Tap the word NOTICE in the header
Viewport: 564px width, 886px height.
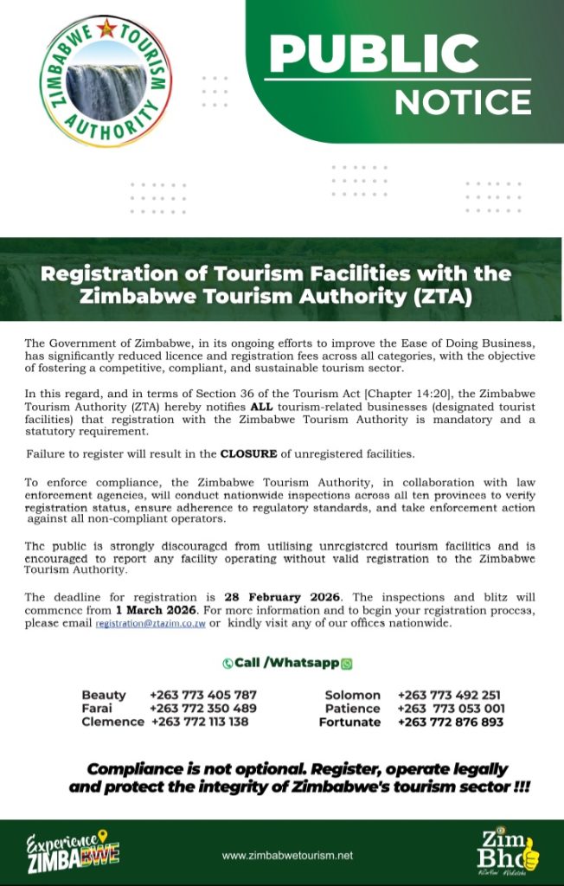(x=463, y=103)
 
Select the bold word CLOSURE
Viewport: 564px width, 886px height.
(x=251, y=453)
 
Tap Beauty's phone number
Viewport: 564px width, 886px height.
(x=203, y=695)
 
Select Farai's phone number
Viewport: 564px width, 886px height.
(x=203, y=708)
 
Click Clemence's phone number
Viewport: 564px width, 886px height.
(x=200, y=722)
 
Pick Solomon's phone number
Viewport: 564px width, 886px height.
(x=450, y=695)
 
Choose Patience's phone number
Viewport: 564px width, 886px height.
(x=451, y=708)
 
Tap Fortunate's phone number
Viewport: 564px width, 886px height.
(x=450, y=722)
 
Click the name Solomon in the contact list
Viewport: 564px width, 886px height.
(x=352, y=695)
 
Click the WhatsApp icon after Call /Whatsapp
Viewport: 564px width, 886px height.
(x=348, y=664)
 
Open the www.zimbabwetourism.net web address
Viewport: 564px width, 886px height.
(x=288, y=855)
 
